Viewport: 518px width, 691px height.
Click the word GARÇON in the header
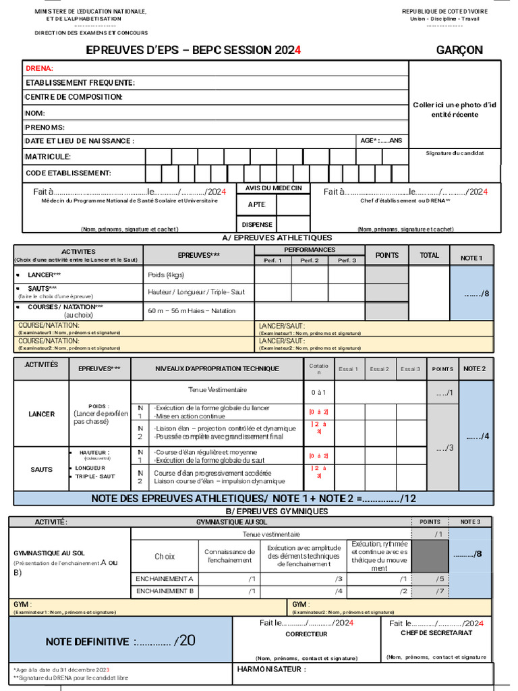pyautogui.click(x=459, y=51)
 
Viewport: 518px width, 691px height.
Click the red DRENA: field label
pyautogui.click(x=39, y=68)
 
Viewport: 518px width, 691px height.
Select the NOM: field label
pyautogui.click(x=35, y=113)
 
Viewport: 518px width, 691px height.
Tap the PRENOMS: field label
pyautogui.click(x=45, y=128)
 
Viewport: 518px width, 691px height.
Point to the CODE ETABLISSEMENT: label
pyautogui.click(x=68, y=173)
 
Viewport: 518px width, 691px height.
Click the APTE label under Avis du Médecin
pyautogui.click(x=256, y=204)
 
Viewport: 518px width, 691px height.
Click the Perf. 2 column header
pyautogui.click(x=310, y=260)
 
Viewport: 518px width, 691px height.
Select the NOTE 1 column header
pyautogui.click(x=471, y=258)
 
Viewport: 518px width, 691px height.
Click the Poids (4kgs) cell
pyautogui.click(x=166, y=275)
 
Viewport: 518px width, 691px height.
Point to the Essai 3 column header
pyautogui.click(x=410, y=369)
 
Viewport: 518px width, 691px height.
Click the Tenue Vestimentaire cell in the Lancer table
pyautogui.click(x=217, y=390)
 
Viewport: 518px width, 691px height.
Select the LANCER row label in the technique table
pyautogui.click(x=42, y=414)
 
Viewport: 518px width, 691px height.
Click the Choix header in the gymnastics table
pyautogui.click(x=165, y=557)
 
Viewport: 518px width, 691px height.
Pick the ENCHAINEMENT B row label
pyautogui.click(x=165, y=591)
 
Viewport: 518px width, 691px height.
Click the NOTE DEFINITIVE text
pyautogui.click(x=87, y=642)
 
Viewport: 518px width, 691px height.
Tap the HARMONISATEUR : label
pyautogui.click(x=271, y=670)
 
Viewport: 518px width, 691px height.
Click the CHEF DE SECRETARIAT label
pyautogui.click(x=436, y=633)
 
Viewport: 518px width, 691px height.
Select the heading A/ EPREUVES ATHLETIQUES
pyautogui.click(x=277, y=238)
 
